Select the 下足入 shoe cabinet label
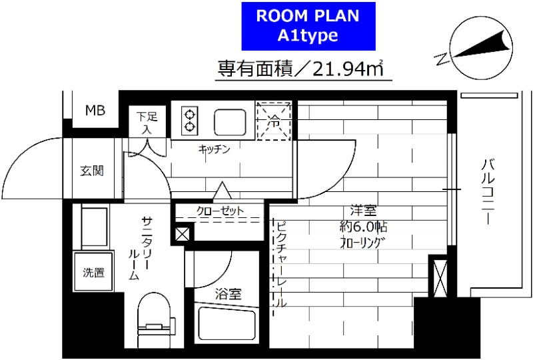pos(147,123)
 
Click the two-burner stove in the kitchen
pos(190,119)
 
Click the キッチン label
pos(214,150)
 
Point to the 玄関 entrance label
pos(92,171)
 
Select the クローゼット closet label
pos(220,211)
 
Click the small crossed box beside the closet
pos(181,235)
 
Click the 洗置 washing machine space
pos(93,272)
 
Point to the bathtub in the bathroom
pos(227,324)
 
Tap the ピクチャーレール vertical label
pos(280,263)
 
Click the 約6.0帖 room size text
pos(360,226)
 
